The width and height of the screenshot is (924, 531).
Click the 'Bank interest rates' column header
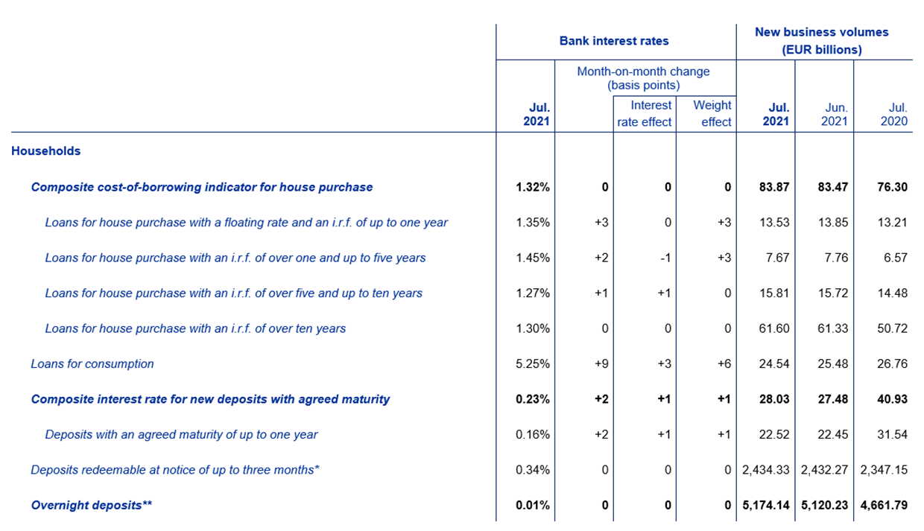(614, 41)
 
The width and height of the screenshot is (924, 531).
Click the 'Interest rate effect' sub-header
(645, 113)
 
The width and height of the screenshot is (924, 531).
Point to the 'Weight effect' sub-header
(712, 113)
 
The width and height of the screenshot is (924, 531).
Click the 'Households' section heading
(45, 151)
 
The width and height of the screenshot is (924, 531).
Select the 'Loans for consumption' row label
(92, 363)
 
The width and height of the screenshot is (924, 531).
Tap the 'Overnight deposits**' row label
(92, 505)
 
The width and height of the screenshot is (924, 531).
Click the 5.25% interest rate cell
(533, 363)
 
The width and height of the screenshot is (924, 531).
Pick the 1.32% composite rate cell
(533, 187)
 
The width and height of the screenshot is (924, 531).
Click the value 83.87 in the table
(774, 187)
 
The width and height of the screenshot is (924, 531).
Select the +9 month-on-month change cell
(601, 363)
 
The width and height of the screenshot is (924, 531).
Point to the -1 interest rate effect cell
(665, 258)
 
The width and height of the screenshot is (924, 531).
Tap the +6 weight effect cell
(724, 363)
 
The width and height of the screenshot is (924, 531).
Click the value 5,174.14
(766, 505)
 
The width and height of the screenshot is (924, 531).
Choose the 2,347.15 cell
(884, 470)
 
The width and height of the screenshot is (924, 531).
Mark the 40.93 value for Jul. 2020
(892, 399)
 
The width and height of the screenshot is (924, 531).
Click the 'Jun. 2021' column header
(835, 114)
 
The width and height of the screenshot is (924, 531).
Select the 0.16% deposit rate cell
(533, 434)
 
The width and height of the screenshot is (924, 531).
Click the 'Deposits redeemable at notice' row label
(175, 470)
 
